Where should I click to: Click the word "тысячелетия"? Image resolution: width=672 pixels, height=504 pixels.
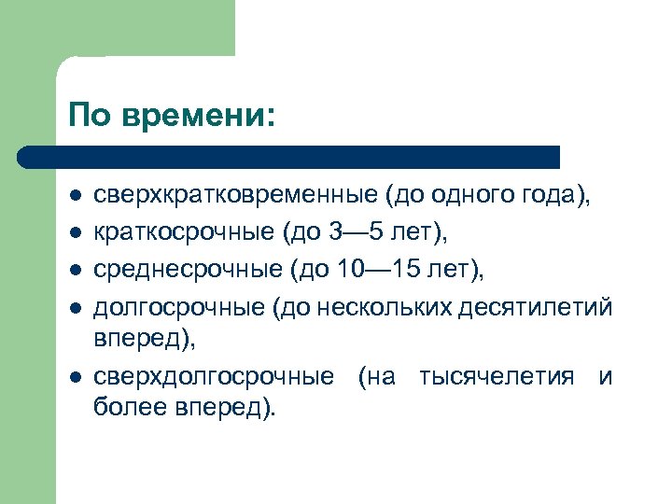[497, 377]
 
